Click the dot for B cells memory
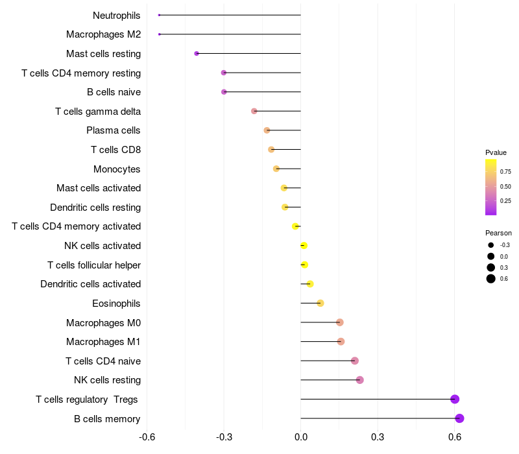point(459,418)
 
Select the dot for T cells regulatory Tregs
point(455,399)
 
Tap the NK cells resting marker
point(360,380)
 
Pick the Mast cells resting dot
point(197,54)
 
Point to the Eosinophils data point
point(320,303)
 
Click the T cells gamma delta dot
point(254,111)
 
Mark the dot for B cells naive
point(224,92)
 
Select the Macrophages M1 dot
point(341,342)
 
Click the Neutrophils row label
point(117,15)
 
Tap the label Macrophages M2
point(104,34)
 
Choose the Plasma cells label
point(114,130)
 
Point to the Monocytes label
point(117,169)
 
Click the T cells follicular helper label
point(94,265)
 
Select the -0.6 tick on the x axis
point(147,436)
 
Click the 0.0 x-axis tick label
point(301,436)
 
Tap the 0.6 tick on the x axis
point(455,436)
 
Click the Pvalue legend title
point(496,152)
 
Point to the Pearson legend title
point(498,233)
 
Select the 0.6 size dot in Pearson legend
point(491,279)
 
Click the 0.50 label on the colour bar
point(505,187)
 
